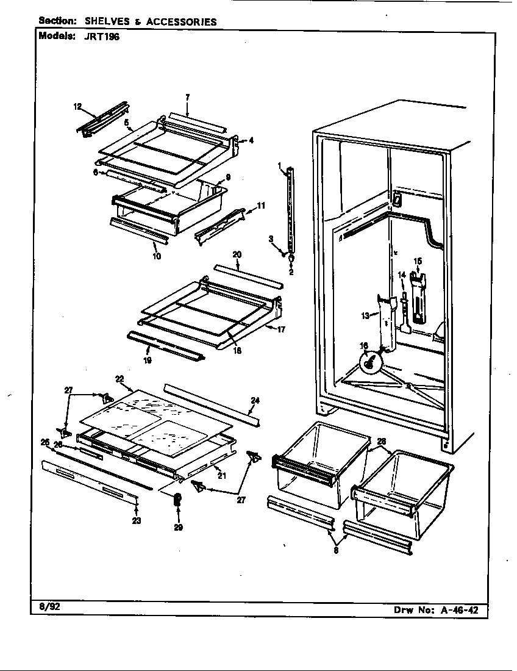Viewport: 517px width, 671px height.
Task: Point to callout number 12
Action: pos(77,107)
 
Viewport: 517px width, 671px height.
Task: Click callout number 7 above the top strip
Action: pos(188,96)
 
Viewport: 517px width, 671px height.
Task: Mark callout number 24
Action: pos(255,401)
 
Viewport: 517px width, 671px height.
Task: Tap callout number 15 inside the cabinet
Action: pos(418,261)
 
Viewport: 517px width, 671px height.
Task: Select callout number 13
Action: pos(365,315)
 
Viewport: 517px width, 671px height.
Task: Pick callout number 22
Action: pos(119,379)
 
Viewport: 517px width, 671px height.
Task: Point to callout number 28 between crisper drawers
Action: pos(381,440)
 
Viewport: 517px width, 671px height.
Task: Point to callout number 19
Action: pos(148,360)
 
